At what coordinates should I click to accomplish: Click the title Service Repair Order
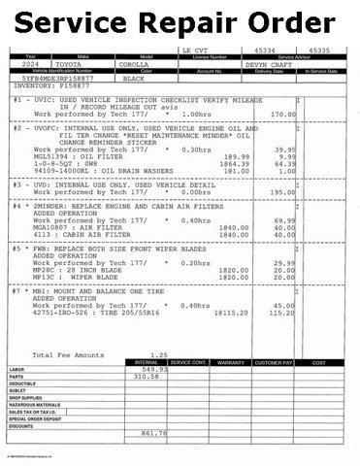click(180, 20)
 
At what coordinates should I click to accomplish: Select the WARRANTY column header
click(231, 362)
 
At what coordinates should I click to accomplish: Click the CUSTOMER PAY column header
click(274, 362)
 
